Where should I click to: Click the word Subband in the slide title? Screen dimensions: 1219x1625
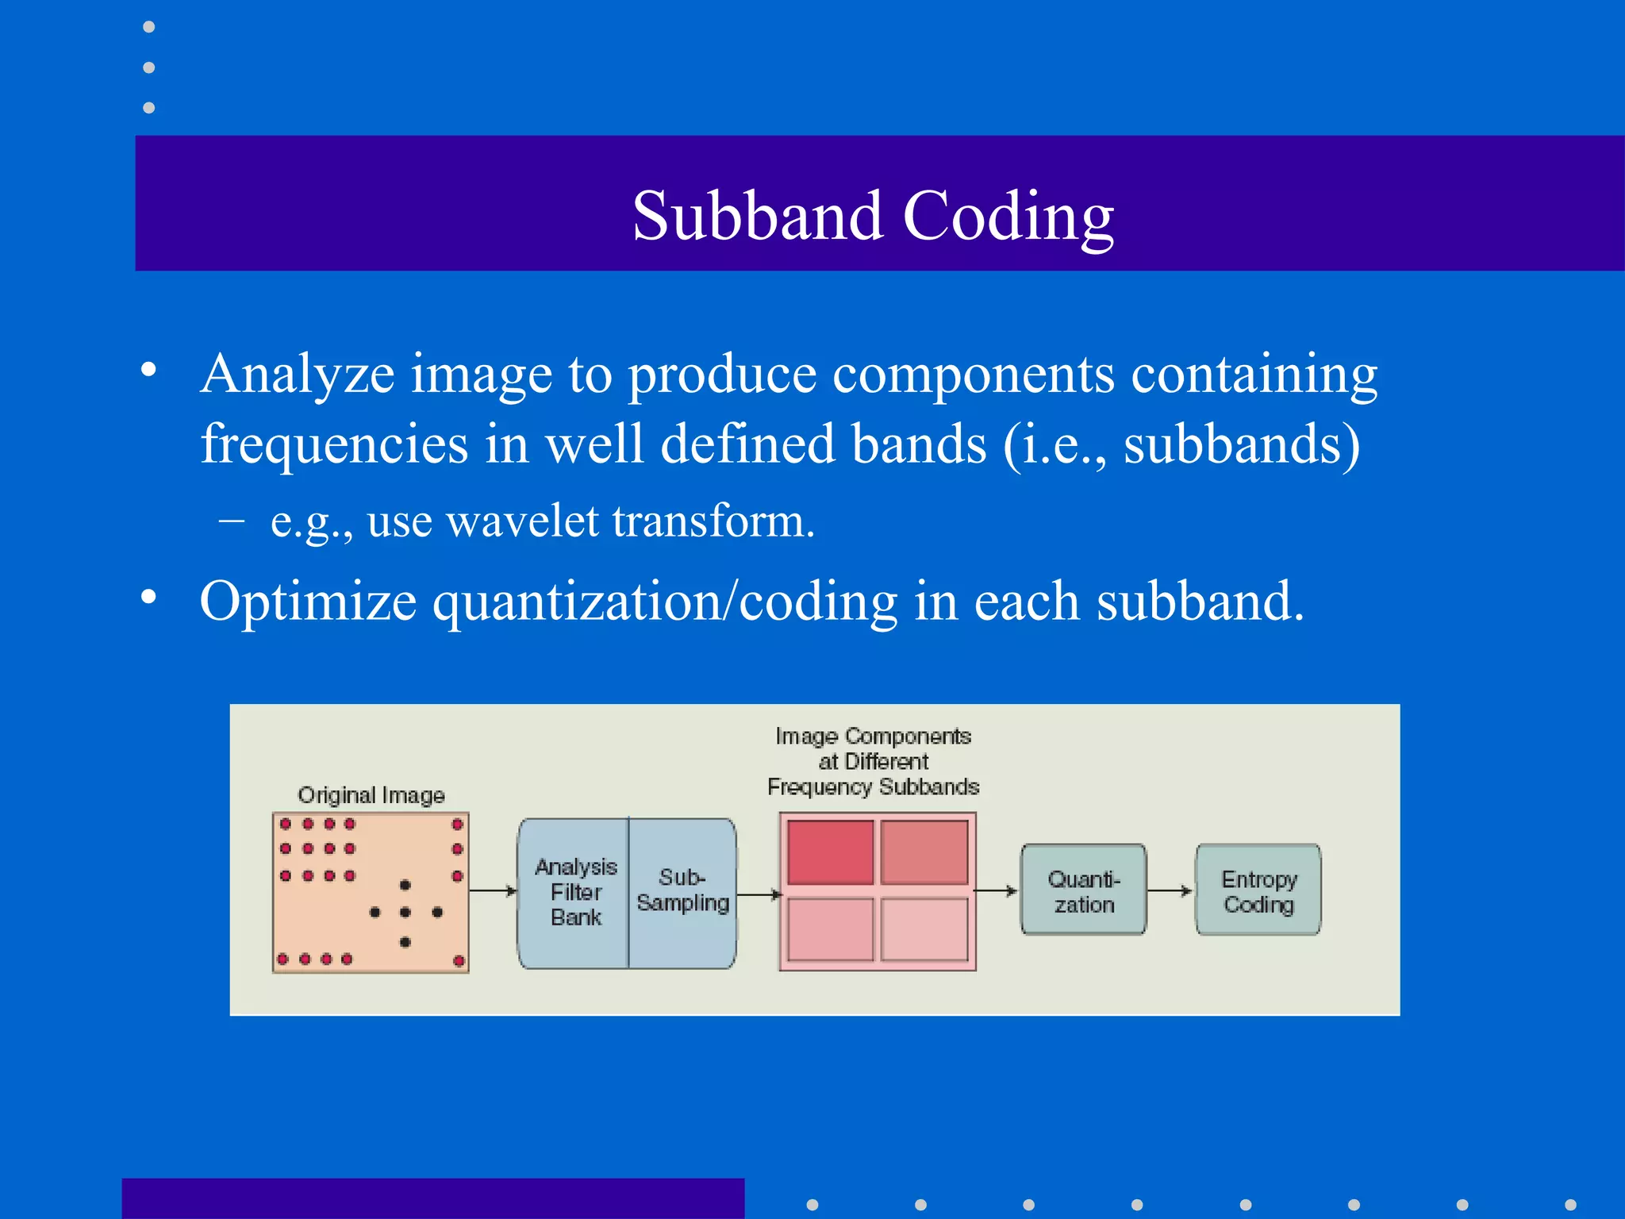tap(757, 216)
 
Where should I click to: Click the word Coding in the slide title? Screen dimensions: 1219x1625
tap(1008, 216)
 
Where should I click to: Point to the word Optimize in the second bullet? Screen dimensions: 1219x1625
tap(308, 602)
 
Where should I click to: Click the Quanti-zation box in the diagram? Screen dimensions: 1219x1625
tap(1083, 890)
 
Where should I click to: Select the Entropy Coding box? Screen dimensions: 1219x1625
tap(1258, 890)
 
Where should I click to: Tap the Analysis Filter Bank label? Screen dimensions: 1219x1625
tap(575, 892)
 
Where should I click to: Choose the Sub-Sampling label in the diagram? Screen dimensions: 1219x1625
tap(682, 890)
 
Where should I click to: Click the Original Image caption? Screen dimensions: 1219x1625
tap(371, 794)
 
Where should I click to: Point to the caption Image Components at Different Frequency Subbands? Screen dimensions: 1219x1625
tap(873, 761)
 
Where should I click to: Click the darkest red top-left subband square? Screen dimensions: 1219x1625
tap(830, 852)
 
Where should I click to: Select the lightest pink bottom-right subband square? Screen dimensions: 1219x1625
tap(924, 929)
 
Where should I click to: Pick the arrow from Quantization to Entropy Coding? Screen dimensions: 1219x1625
tap(1170, 890)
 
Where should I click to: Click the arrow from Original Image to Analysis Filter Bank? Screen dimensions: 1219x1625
tap(493, 890)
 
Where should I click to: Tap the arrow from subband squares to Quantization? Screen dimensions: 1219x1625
tap(996, 890)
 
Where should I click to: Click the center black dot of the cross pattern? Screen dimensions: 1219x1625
tap(405, 913)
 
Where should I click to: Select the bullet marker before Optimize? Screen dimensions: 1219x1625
tap(148, 597)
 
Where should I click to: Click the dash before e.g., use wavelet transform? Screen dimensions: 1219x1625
tap(231, 521)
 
